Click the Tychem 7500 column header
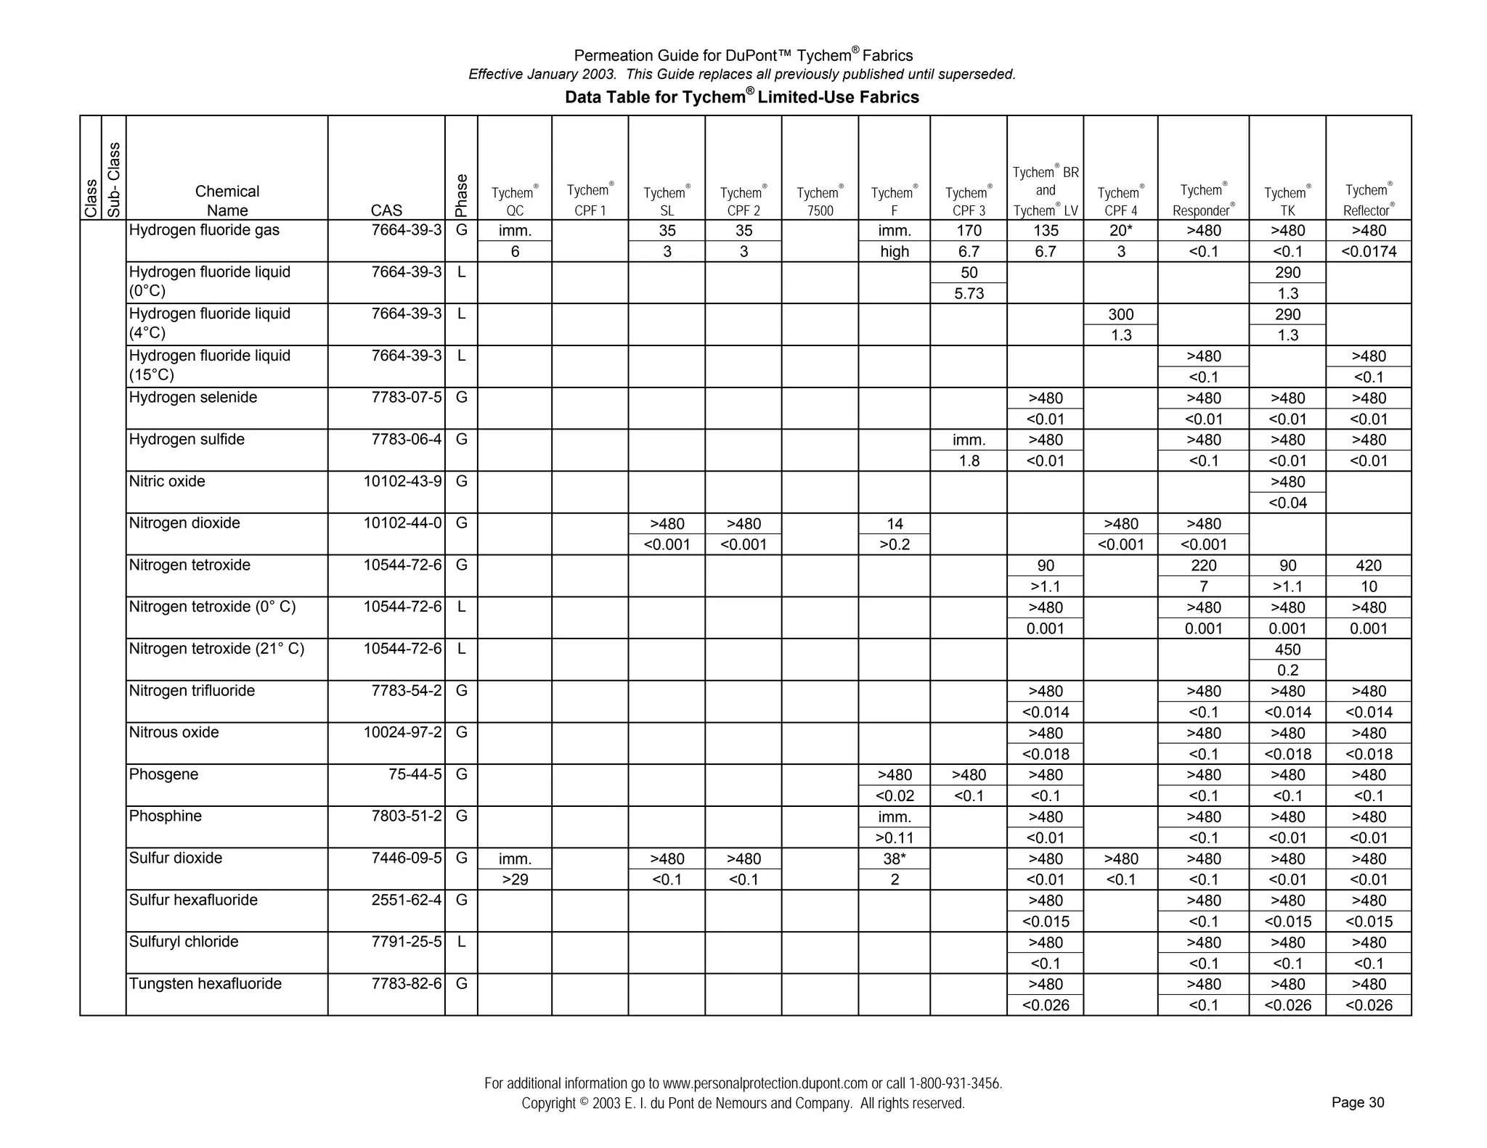pyautogui.click(x=820, y=201)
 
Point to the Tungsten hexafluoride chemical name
pyautogui.click(x=205, y=984)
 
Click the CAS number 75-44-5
pyautogui.click(x=415, y=774)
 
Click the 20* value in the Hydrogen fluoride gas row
pyautogui.click(x=1120, y=231)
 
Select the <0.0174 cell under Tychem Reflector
pyautogui.click(x=1368, y=252)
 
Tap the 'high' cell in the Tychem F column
pyautogui.click(x=894, y=252)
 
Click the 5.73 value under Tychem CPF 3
pyautogui.click(x=969, y=293)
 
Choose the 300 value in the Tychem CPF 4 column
pyautogui.click(x=1120, y=314)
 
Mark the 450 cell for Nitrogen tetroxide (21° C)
pyautogui.click(x=1287, y=649)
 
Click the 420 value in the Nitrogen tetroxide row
pyautogui.click(x=1368, y=565)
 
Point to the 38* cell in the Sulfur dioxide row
pyautogui.click(x=894, y=858)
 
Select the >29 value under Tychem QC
pyautogui.click(x=515, y=880)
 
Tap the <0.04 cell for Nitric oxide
pyautogui.click(x=1287, y=502)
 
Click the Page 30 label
pyautogui.click(x=1357, y=1102)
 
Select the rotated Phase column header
pyautogui.click(x=461, y=195)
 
